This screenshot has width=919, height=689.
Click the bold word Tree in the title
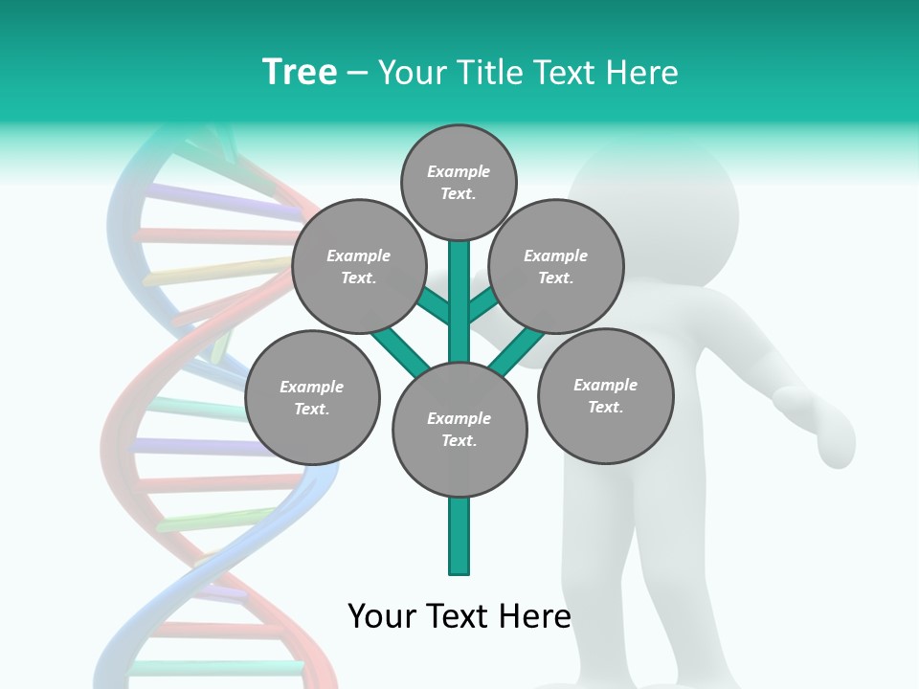tap(300, 72)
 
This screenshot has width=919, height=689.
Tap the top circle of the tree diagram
tap(459, 182)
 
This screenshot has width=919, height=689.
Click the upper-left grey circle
tap(358, 266)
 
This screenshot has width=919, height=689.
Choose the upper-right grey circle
tap(556, 266)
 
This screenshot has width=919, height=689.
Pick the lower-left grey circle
tap(312, 397)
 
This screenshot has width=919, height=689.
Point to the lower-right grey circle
tap(605, 395)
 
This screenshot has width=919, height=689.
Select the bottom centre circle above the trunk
tap(459, 430)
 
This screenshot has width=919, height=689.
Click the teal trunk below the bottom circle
tap(459, 536)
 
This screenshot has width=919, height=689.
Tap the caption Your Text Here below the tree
tap(459, 615)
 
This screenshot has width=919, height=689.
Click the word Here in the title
tap(647, 73)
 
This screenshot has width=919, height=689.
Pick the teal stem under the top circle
tap(459, 287)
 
